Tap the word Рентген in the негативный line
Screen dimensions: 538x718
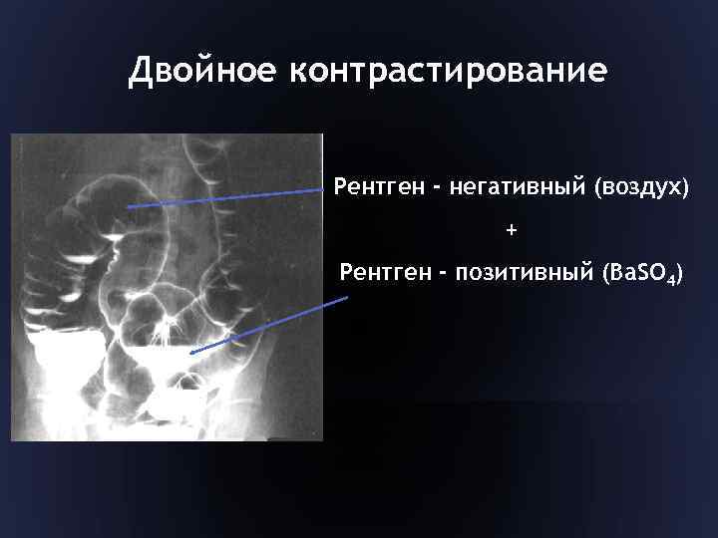pyautogui.click(x=377, y=186)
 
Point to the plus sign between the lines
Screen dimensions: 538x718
pyautogui.click(x=512, y=230)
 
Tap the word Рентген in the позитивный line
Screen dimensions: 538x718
pyautogui.click(x=383, y=273)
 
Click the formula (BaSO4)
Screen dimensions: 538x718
pyautogui.click(x=637, y=274)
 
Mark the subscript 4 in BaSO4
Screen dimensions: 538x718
pyautogui.click(x=671, y=280)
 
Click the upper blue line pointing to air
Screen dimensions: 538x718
pyautogui.click(x=229, y=195)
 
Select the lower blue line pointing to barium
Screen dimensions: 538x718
pyautogui.click(x=269, y=324)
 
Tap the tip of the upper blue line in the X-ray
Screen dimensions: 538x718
pyautogui.click(x=128, y=206)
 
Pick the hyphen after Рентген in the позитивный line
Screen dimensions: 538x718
pyautogui.click(x=438, y=274)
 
